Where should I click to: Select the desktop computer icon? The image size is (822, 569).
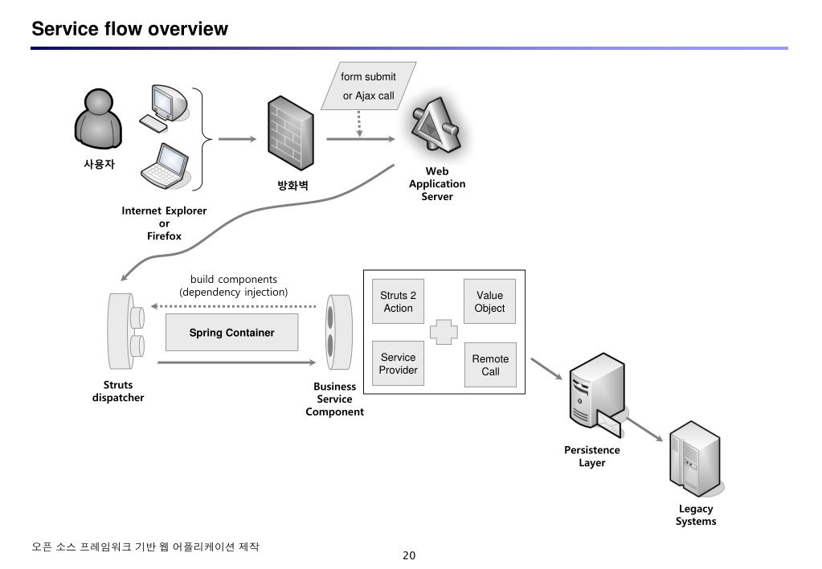tap(164, 108)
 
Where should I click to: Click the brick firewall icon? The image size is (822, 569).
tap(291, 133)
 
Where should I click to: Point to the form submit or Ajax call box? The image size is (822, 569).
tap(369, 86)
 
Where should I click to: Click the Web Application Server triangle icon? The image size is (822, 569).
tap(436, 126)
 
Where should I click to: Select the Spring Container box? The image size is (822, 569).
tap(231, 333)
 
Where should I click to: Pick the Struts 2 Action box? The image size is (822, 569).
tap(398, 301)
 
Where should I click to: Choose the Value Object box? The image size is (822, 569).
tap(489, 301)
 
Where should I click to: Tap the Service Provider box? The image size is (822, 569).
tap(398, 363)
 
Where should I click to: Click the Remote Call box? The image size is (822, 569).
tap(490, 365)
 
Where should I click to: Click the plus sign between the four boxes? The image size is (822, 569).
tap(444, 332)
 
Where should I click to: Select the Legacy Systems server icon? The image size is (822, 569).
tap(696, 460)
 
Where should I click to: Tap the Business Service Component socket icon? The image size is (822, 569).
tap(338, 333)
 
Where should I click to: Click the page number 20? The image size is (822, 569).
tap(409, 555)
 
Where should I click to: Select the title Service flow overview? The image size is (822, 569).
tap(129, 29)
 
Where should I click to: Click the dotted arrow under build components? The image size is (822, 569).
tap(233, 306)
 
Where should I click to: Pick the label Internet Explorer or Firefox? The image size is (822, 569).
tap(164, 223)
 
